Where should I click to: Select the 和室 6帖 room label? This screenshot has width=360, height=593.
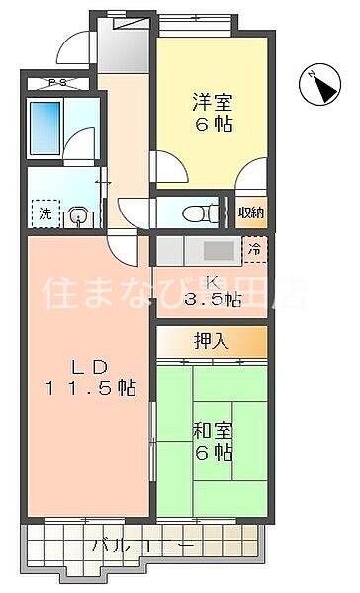tap(214, 439)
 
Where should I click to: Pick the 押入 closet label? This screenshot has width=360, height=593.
tap(212, 342)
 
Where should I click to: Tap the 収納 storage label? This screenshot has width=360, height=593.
tap(252, 212)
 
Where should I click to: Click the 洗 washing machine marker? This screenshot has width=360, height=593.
tap(45, 212)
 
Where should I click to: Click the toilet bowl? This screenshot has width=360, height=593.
tap(202, 211)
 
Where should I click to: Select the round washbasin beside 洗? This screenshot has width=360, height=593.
tap(78, 212)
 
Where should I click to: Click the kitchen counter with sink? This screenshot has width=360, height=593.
tap(198, 249)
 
